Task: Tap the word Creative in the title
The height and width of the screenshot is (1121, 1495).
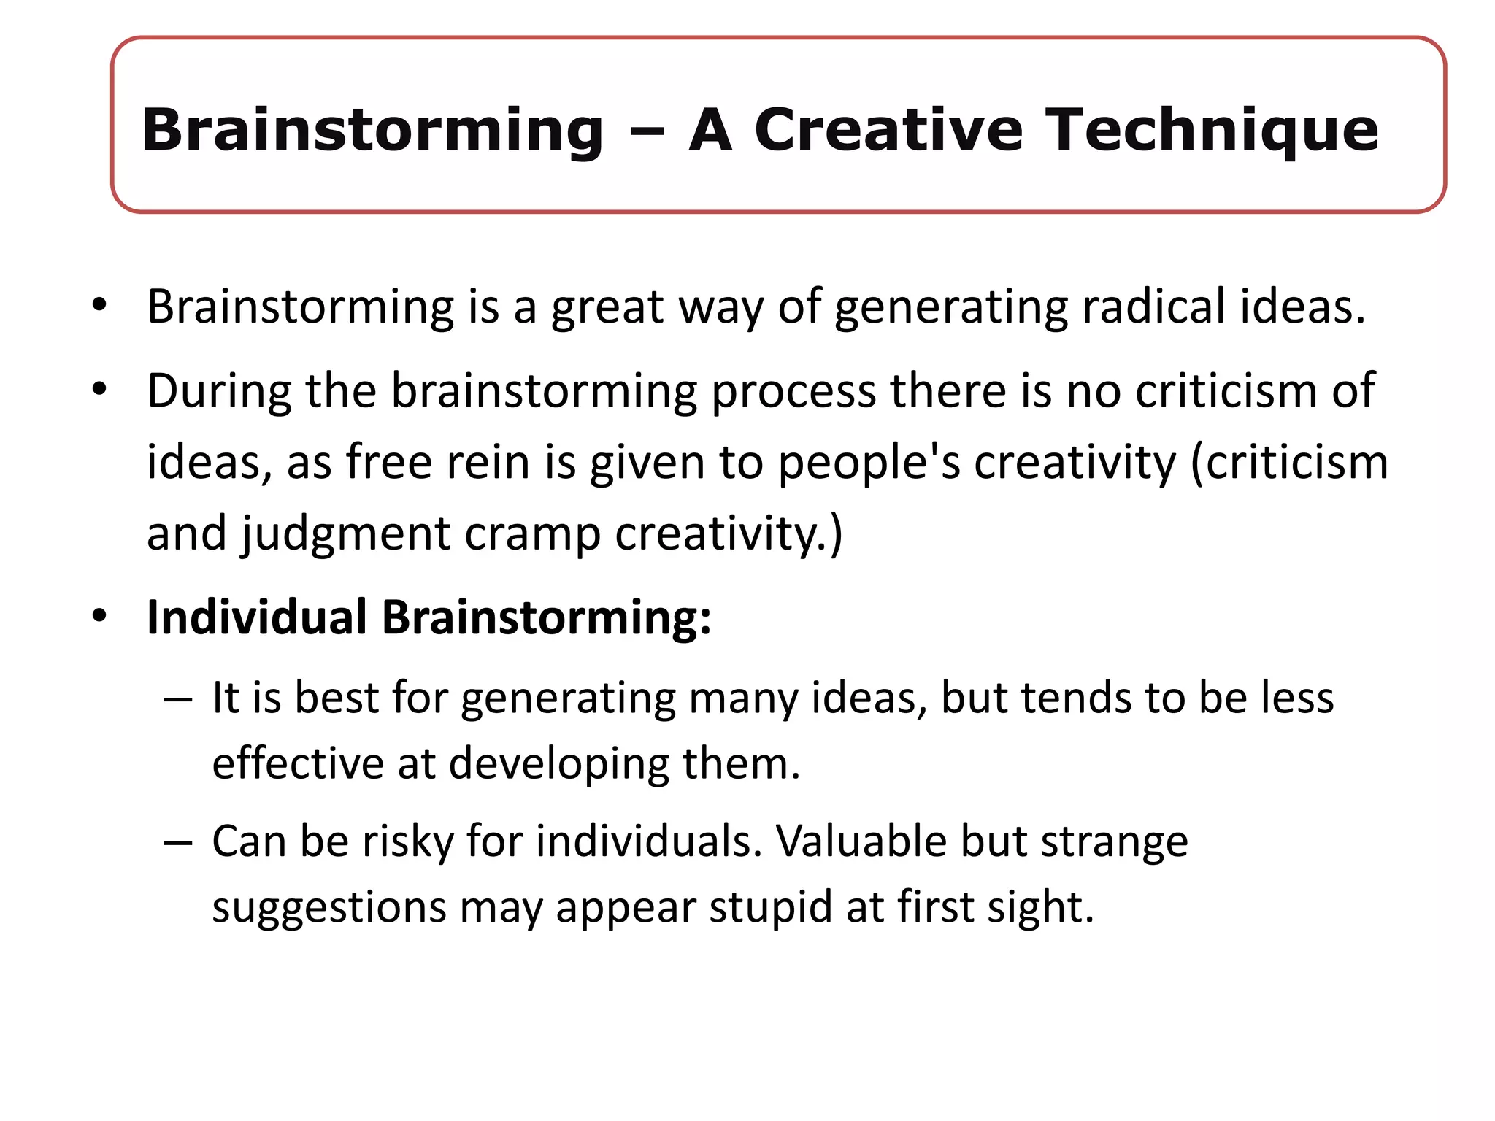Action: (x=888, y=130)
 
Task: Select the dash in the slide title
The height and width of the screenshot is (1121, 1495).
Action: (x=646, y=133)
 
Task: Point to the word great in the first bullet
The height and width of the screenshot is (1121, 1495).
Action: (x=607, y=308)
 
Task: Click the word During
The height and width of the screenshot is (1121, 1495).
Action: (x=219, y=391)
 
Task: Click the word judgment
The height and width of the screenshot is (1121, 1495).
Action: (x=345, y=534)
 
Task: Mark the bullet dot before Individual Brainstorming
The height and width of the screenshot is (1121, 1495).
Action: (x=100, y=616)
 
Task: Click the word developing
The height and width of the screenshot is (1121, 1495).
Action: (x=558, y=765)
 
